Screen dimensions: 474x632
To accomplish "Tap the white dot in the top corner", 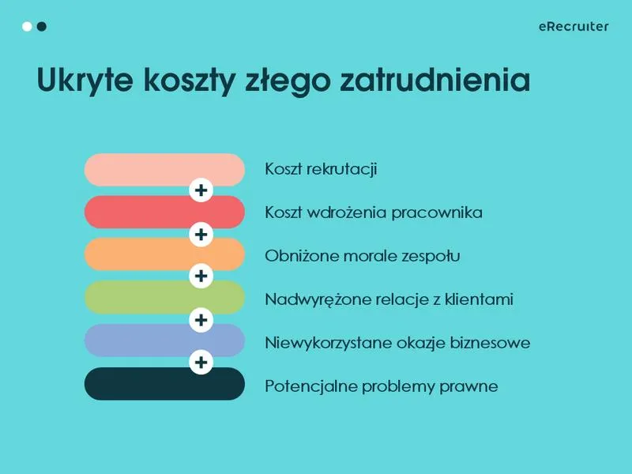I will coord(27,27).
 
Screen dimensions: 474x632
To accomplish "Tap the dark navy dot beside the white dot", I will coord(42,27).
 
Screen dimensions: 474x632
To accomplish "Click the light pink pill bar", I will coord(142,169).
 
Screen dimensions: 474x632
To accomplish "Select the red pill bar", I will coord(142,213).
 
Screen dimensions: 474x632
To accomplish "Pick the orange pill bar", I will coord(142,255).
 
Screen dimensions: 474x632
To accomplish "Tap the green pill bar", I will coord(142,298).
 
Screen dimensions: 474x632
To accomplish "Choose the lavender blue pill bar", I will coord(142,340).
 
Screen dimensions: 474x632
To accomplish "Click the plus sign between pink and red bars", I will coord(201,190).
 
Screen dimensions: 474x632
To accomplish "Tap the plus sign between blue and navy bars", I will coord(201,363).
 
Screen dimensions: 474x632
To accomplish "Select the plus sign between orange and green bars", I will coord(201,276).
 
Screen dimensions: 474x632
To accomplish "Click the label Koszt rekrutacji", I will coord(321,169).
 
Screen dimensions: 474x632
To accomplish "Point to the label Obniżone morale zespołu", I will coord(363,256).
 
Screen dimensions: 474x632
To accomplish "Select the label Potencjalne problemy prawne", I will coord(382,386).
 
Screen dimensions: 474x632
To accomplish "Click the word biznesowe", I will coord(495,343).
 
